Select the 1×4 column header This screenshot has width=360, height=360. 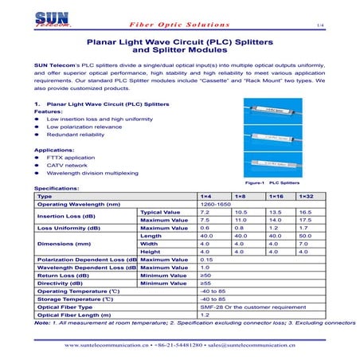[205, 196]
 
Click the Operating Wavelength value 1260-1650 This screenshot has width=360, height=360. [214, 205]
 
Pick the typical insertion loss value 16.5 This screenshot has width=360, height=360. [304, 213]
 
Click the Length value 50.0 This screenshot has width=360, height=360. [304, 236]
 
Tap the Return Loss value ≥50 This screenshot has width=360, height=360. [205, 275]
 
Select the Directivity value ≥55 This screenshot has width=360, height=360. [205, 283]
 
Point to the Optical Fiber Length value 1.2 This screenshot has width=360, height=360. [205, 315]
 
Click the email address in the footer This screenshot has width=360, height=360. [250, 346]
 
